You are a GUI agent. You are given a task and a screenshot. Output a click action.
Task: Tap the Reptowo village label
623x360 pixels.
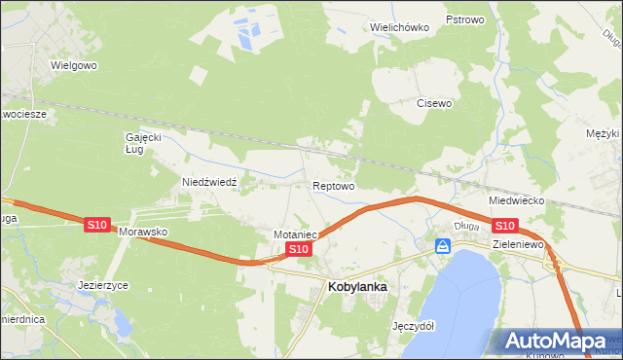click(x=333, y=185)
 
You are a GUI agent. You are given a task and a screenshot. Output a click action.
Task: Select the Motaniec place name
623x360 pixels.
click(x=296, y=234)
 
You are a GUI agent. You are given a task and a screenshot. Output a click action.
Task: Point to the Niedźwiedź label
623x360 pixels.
click(x=210, y=182)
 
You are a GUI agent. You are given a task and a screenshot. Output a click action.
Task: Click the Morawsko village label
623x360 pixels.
click(x=144, y=234)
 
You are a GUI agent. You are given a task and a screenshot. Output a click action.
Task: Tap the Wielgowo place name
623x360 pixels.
click(x=75, y=66)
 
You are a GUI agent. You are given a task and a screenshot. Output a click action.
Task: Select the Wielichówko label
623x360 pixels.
click(x=400, y=27)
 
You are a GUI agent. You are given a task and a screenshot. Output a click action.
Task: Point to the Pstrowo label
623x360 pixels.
click(x=464, y=19)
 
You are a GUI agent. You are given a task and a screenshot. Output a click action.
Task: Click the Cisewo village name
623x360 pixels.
click(x=435, y=102)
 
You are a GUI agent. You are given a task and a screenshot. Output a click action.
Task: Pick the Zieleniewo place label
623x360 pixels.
click(x=517, y=244)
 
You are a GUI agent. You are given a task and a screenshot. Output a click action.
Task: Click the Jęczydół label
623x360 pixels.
click(x=412, y=325)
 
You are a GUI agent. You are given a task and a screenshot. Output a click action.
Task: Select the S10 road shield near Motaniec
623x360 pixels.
click(x=299, y=250)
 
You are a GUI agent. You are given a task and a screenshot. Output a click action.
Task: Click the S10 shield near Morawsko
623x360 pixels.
click(x=96, y=225)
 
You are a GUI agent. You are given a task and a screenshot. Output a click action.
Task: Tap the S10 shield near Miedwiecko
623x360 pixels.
click(x=504, y=226)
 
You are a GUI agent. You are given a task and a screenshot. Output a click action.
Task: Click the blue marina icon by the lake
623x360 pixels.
click(x=443, y=247)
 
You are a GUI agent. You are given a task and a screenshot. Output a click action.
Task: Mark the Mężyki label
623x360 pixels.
click(x=604, y=133)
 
